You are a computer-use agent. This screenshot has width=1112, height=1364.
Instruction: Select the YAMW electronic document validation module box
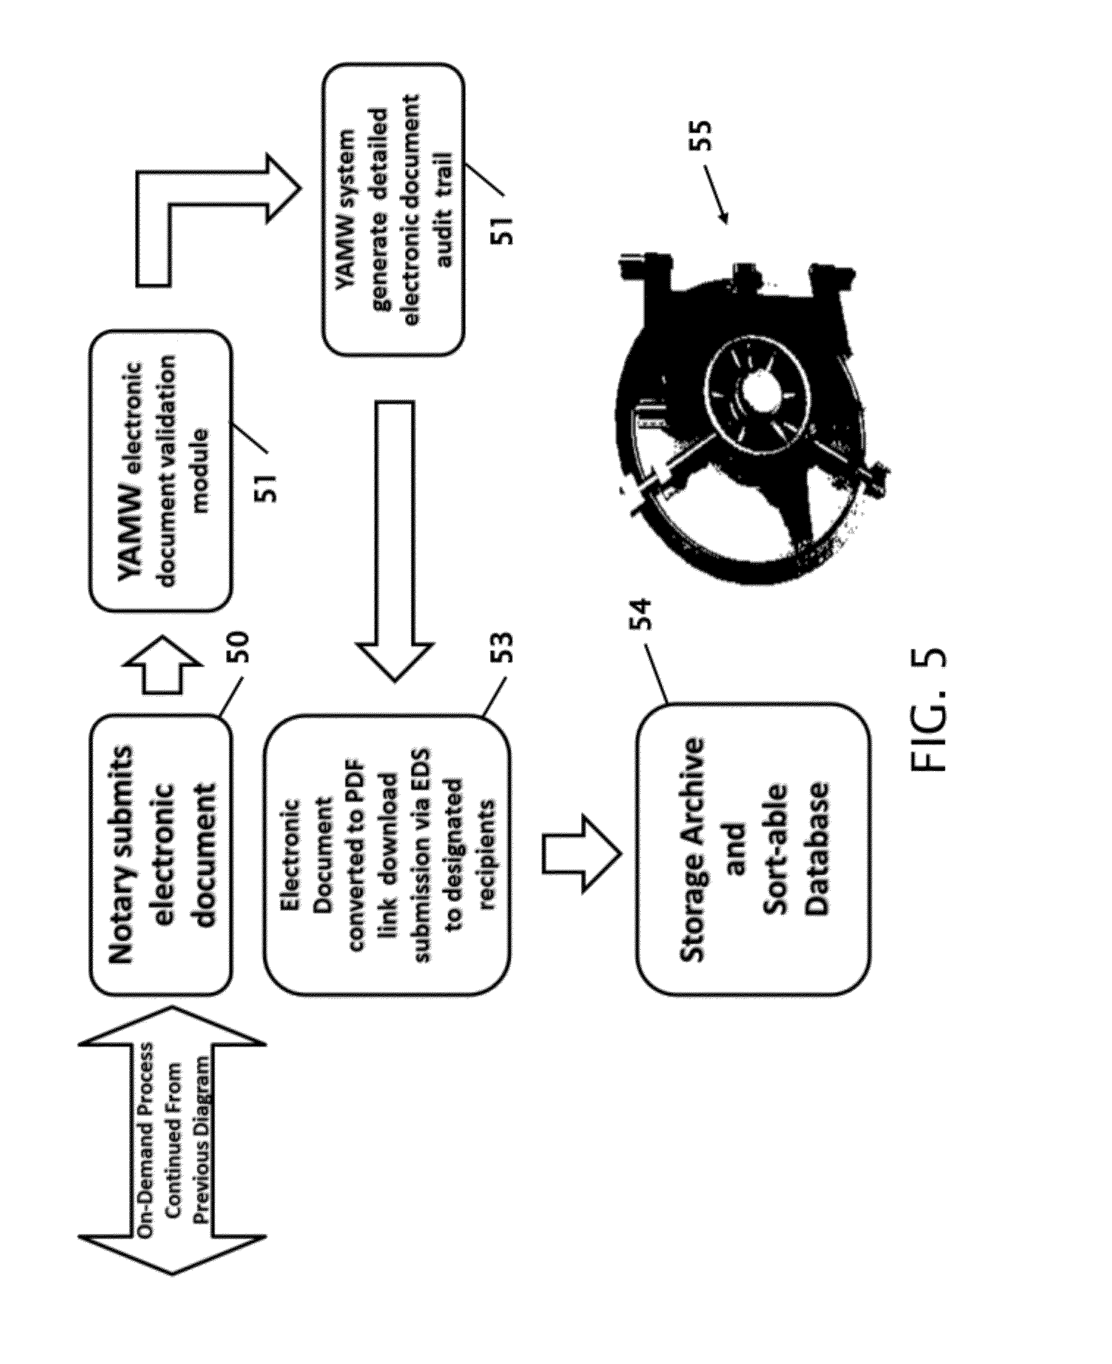(160, 471)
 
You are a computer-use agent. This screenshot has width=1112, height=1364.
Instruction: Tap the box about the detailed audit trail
(393, 209)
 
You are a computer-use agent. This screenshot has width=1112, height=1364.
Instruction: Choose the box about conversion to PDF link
(388, 855)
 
